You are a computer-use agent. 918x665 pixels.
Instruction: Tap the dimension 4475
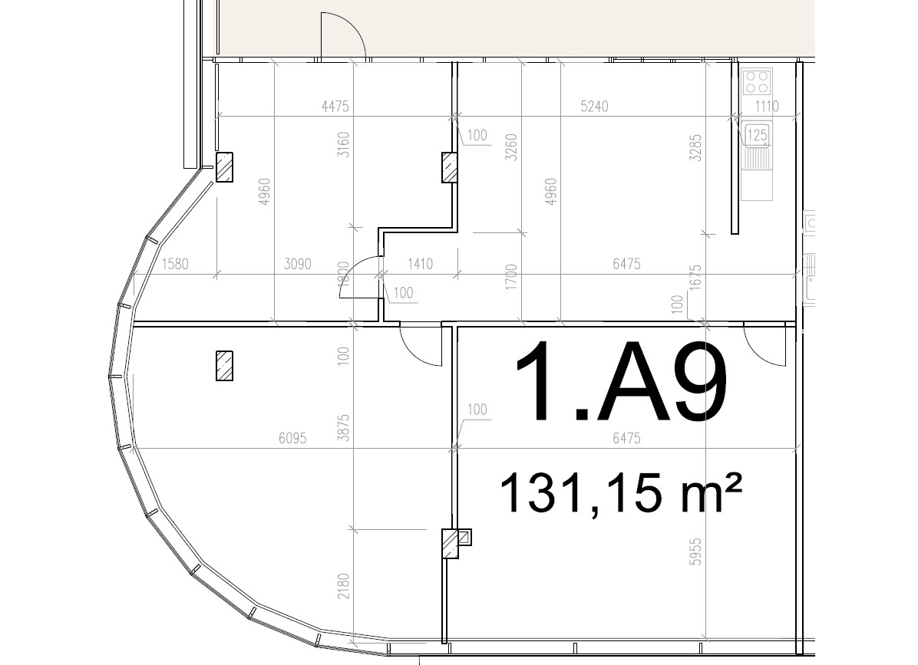point(335,106)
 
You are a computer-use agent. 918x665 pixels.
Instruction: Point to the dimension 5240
point(594,106)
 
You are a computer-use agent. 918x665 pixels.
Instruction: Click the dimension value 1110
point(767,106)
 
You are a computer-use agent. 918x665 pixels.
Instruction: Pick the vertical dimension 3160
point(343,144)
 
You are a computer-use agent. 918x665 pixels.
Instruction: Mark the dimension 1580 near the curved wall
point(175,264)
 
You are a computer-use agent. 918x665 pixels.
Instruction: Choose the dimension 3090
point(297,264)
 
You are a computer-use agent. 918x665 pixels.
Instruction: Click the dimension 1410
point(421,264)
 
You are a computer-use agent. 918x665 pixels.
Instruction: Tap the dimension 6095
point(292,438)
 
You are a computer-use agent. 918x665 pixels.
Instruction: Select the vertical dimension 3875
point(343,427)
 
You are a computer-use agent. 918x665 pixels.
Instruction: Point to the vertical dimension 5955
point(695,551)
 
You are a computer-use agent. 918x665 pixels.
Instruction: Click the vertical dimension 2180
point(343,586)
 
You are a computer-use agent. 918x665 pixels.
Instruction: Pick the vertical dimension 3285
point(695,148)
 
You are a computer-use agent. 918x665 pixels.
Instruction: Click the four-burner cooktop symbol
point(757,81)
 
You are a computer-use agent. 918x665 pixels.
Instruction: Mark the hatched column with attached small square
point(455,543)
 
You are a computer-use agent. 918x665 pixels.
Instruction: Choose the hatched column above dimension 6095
point(224,366)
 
